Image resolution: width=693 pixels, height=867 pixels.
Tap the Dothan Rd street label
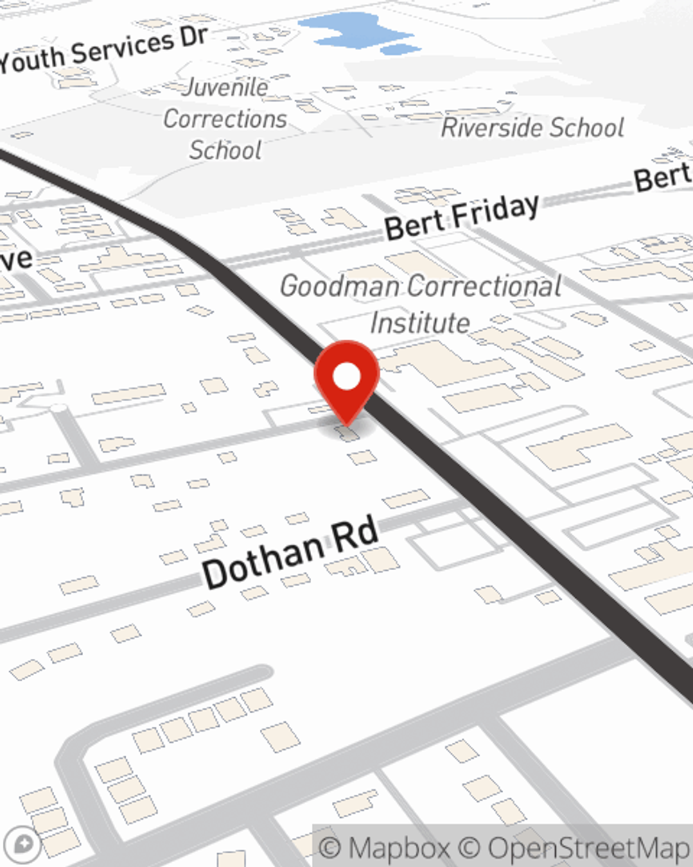pos(291,553)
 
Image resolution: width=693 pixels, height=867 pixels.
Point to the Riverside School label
pos(532,128)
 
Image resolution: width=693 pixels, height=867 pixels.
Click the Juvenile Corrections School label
pos(225,119)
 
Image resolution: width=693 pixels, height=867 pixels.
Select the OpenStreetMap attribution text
pos(589,848)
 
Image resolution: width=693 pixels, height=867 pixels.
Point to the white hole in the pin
pos(346,377)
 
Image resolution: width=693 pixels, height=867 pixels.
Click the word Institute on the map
pos(420,323)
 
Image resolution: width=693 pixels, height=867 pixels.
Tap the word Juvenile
pos(226,87)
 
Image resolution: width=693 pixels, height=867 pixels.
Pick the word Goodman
pos(340,286)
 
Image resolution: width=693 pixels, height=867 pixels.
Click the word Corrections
pos(225,119)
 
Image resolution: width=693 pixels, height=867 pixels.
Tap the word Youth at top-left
pos(32,61)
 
